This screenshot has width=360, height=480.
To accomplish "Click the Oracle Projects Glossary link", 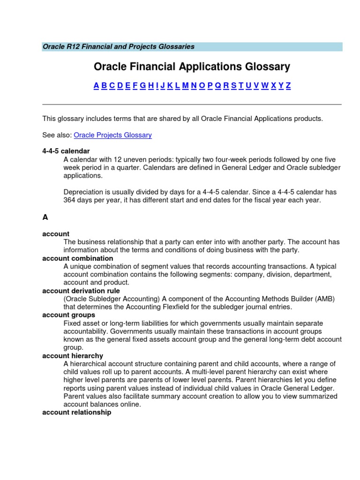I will coord(112,135).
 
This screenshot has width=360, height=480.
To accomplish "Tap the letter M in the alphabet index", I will coord(185,85).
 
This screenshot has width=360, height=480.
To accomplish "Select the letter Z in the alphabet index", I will coord(288,85).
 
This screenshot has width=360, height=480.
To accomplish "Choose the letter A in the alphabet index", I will coord(96,85).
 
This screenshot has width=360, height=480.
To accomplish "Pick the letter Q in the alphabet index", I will coord(218,85).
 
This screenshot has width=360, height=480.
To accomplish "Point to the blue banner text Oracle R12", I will coord(62,46).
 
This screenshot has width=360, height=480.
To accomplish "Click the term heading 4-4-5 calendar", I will coord(66,151).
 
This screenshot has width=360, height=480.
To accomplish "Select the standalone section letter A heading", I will coord(45,217).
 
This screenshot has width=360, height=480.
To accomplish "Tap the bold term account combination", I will coord(77,258).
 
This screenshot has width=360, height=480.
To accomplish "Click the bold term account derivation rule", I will coord(81,291).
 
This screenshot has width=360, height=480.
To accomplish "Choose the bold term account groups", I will coord(68,315).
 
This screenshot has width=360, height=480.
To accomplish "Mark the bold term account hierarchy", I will coord(73,356).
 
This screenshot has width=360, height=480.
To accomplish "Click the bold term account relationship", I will coord(77,412).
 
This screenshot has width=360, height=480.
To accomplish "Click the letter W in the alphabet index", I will coord(264,85).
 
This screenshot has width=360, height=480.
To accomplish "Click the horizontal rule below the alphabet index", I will coord(192,105).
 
